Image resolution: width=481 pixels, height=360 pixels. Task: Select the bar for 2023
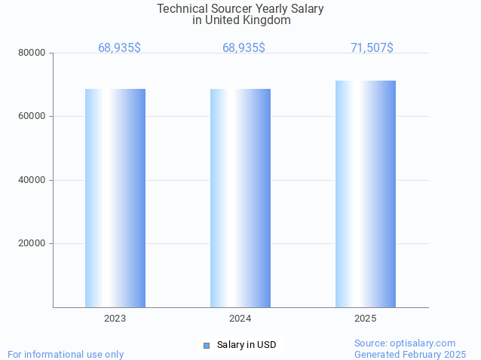[115, 197]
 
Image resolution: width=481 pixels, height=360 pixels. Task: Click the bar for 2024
[240, 197]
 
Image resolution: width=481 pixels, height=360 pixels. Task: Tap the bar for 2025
[366, 194]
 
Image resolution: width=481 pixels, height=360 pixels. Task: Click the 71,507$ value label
[372, 47]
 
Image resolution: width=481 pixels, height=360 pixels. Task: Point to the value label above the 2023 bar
[119, 47]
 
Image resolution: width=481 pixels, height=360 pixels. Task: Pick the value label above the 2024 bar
[244, 47]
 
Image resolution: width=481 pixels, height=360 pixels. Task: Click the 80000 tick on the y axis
[32, 53]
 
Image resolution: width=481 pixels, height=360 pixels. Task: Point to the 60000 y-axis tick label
[32, 116]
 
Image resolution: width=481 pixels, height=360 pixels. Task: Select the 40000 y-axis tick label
[32, 180]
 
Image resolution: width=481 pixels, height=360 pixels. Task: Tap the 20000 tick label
[32, 243]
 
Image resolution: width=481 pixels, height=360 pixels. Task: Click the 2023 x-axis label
[115, 319]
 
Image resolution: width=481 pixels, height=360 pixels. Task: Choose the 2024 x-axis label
[240, 319]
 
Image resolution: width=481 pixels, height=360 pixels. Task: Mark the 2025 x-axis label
[365, 319]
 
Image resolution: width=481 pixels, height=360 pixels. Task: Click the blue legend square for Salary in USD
[206, 345]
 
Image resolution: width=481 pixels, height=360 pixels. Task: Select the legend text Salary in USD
[247, 345]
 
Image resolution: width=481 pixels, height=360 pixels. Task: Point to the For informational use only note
[66, 354]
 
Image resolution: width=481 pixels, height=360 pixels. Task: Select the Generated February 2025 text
[410, 354]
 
